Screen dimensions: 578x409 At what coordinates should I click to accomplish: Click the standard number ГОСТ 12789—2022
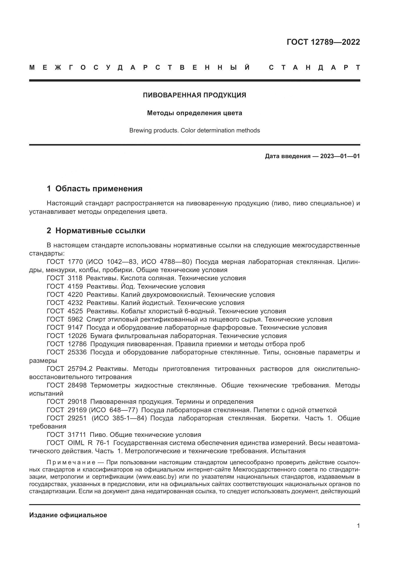(x=323, y=42)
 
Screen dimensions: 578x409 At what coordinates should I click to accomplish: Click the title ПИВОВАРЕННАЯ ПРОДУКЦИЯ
(x=194, y=95)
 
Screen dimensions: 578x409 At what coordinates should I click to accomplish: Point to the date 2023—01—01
(x=340, y=156)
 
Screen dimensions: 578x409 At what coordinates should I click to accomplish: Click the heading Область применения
(x=99, y=189)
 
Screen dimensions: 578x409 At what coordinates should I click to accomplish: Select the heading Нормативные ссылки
(x=100, y=230)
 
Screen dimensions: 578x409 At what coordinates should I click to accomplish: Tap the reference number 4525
(x=75, y=311)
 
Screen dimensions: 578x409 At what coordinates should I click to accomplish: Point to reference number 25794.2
(x=80, y=369)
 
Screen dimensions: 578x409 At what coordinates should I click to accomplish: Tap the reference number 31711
(x=77, y=435)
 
